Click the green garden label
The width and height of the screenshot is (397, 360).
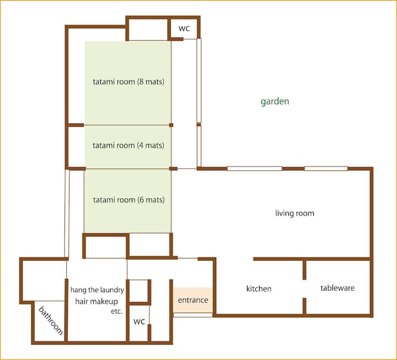click(x=275, y=101)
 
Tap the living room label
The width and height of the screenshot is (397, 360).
click(x=294, y=213)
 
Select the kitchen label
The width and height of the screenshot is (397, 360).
click(x=259, y=289)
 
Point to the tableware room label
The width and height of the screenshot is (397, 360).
click(x=337, y=288)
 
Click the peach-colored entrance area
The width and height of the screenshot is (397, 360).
click(x=193, y=300)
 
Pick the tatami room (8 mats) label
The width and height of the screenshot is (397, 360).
click(x=128, y=82)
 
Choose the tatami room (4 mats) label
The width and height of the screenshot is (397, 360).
click(x=128, y=146)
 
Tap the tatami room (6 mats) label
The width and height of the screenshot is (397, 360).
click(x=129, y=200)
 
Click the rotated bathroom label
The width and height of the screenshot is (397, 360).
click(x=51, y=320)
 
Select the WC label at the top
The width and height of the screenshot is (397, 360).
click(x=184, y=28)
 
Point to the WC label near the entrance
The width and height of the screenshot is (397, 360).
click(x=140, y=321)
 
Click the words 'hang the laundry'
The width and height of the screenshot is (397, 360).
click(x=97, y=290)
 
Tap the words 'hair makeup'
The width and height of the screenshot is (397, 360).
click(x=96, y=301)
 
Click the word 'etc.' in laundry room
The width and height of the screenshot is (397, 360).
click(x=117, y=311)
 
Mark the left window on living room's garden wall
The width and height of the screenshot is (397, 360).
click(x=255, y=169)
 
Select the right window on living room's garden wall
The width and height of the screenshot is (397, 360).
click(x=326, y=169)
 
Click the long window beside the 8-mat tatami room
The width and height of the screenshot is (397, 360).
click(x=199, y=80)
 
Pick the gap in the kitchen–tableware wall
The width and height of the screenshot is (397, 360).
click(x=304, y=289)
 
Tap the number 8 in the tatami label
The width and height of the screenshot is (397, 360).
click(x=142, y=82)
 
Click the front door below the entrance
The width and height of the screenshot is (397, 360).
click(x=193, y=315)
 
